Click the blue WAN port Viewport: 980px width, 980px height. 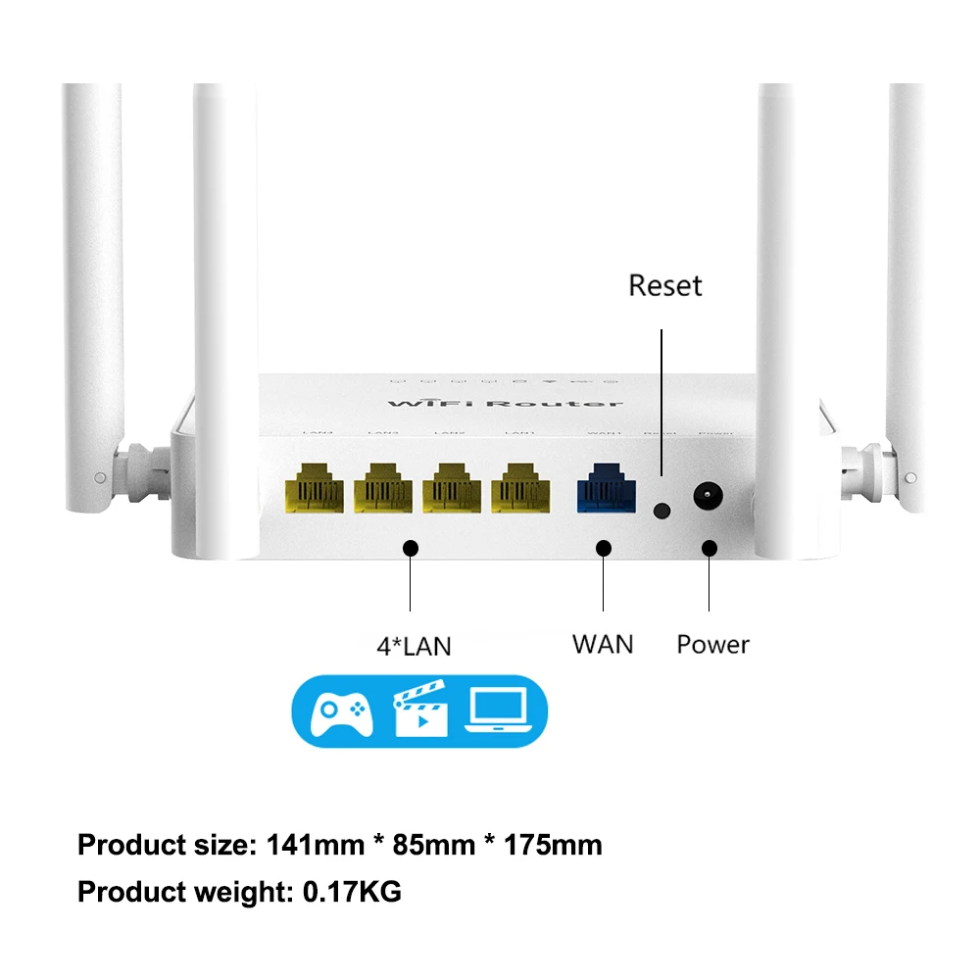pyautogui.click(x=603, y=487)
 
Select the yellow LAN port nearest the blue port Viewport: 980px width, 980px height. pyautogui.click(x=519, y=487)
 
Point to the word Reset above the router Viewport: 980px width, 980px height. pyautogui.click(x=665, y=286)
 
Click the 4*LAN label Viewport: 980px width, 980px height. pyautogui.click(x=414, y=646)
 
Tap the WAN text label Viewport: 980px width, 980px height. pyautogui.click(x=603, y=644)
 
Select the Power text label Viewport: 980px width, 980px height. pyautogui.click(x=712, y=645)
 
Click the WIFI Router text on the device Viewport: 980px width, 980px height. pyautogui.click(x=505, y=404)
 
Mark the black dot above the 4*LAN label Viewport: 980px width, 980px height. pyautogui.click(x=413, y=549)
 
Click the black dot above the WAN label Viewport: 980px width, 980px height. pyautogui.click(x=603, y=549)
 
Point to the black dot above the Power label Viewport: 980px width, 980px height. pyautogui.click(x=709, y=549)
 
